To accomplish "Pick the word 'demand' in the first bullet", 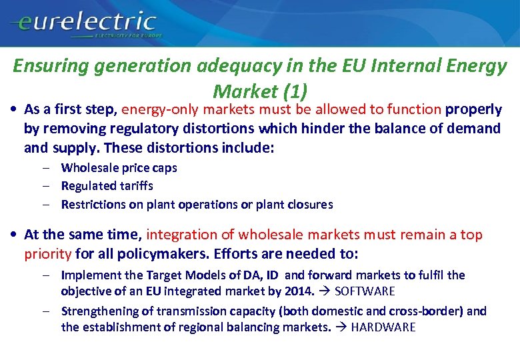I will click(x=474, y=128).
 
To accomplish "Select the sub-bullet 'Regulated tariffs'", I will click(x=107, y=186).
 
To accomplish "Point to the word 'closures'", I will click(x=310, y=205).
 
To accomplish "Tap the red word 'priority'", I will click(x=48, y=253).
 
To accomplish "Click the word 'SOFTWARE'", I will click(x=365, y=291).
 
